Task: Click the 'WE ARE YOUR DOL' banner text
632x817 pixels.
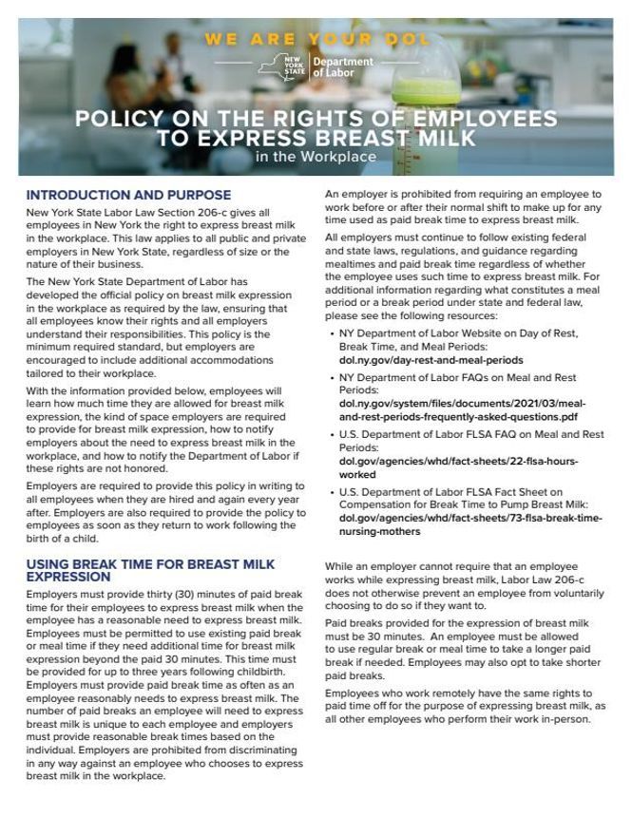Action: [316, 40]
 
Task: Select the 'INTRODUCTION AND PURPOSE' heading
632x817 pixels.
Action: [128, 195]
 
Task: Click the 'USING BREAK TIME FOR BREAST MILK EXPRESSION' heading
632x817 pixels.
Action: [150, 570]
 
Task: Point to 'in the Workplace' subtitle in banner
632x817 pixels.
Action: [316, 157]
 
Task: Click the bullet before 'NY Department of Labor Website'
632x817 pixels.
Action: [330, 334]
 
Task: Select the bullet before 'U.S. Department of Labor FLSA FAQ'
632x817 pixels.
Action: [330, 435]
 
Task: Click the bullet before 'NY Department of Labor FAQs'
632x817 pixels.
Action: [330, 378]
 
